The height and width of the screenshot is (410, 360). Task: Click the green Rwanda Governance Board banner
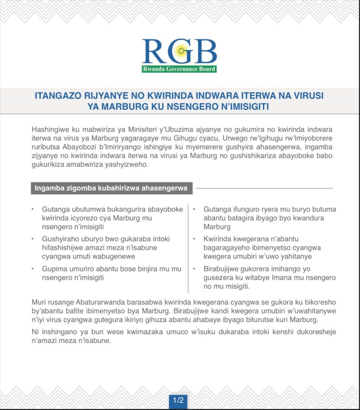point(179,69)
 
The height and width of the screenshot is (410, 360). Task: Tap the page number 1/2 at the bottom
point(178,400)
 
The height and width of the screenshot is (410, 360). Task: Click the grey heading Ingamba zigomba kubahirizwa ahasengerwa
point(111,188)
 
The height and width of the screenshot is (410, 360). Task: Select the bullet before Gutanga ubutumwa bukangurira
point(32,209)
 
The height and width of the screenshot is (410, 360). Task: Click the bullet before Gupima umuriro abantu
point(32,269)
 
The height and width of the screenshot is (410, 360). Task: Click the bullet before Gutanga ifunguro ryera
point(194,209)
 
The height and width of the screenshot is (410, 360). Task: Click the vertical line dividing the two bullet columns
point(188,248)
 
